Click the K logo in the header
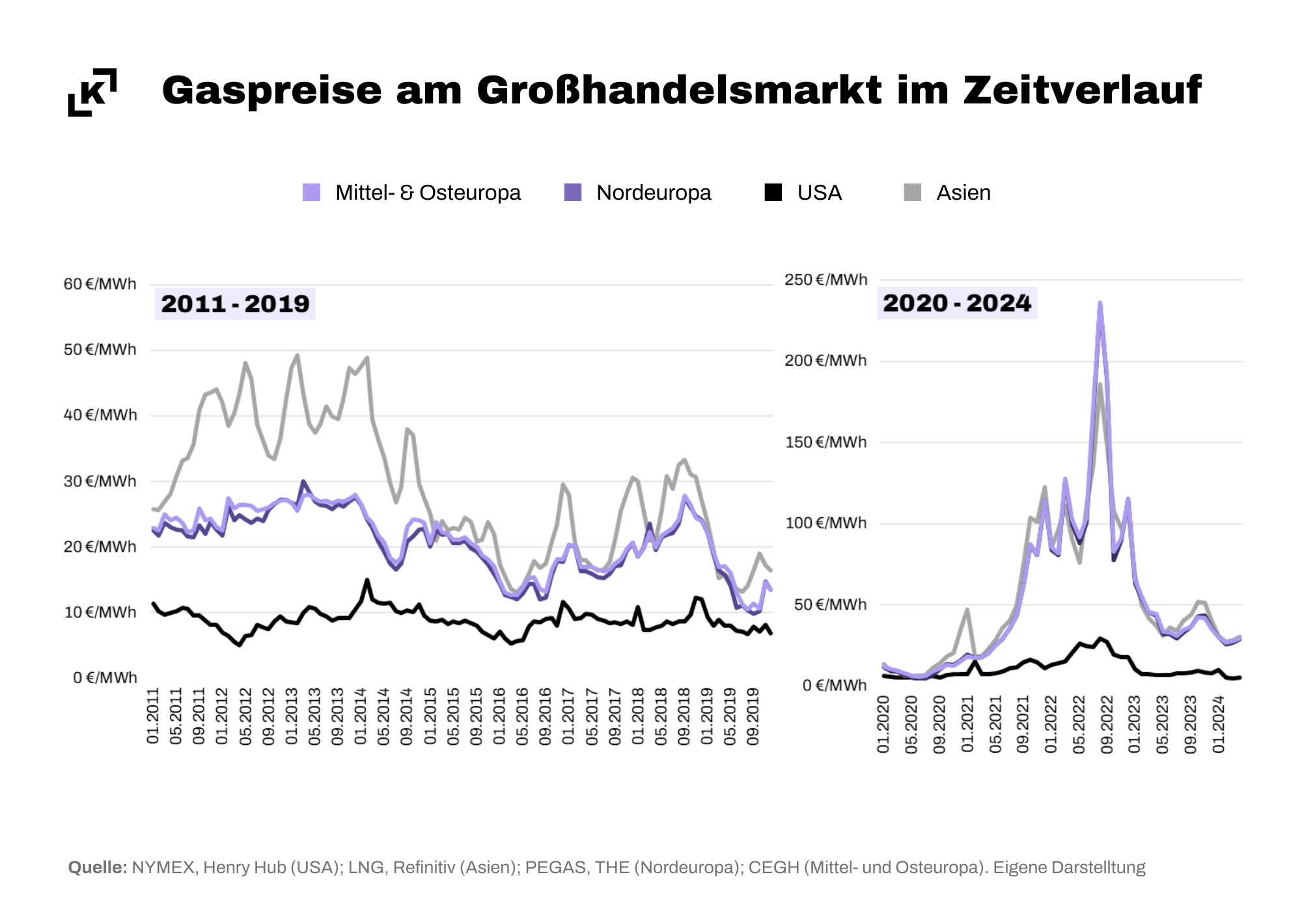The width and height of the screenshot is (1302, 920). pyautogui.click(x=92, y=92)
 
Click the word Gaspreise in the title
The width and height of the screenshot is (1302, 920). pyautogui.click(x=271, y=90)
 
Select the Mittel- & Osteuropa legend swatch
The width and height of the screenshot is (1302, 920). pyautogui.click(x=311, y=193)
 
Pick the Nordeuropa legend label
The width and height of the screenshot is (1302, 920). pyautogui.click(x=654, y=193)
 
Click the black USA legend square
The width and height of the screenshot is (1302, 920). pyautogui.click(x=773, y=193)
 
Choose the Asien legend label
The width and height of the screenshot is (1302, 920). pyautogui.click(x=963, y=193)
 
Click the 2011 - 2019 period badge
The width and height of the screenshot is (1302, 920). pyautogui.click(x=235, y=304)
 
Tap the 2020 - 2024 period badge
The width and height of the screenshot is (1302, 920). pyautogui.click(x=957, y=303)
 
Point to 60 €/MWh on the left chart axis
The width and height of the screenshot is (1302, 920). pyautogui.click(x=100, y=284)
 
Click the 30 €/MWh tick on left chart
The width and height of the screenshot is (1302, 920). pyautogui.click(x=100, y=481)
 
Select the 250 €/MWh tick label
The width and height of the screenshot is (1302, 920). pyautogui.click(x=825, y=280)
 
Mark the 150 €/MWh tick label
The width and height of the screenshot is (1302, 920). pyautogui.click(x=825, y=442)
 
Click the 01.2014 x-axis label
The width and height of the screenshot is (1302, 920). pyautogui.click(x=361, y=716)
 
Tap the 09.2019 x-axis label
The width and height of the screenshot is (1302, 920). pyautogui.click(x=753, y=716)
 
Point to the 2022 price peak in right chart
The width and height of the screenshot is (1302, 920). pyautogui.click(x=1100, y=303)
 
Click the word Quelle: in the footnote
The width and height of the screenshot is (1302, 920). pyautogui.click(x=98, y=868)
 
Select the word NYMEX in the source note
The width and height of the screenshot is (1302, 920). pyautogui.click(x=163, y=868)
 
